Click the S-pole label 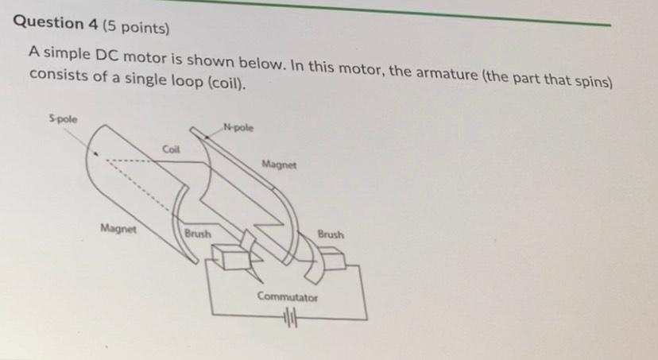click(x=64, y=119)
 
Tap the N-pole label click(x=238, y=125)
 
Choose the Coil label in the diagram click(x=172, y=149)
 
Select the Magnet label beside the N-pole click(x=278, y=166)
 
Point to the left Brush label click(x=197, y=234)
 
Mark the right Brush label click(x=331, y=235)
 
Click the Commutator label click(x=287, y=297)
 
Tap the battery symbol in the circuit click(x=288, y=319)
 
